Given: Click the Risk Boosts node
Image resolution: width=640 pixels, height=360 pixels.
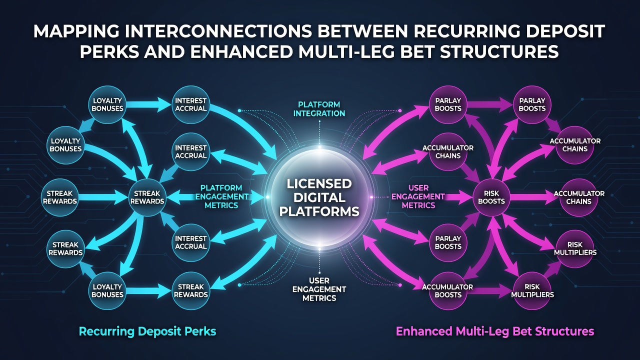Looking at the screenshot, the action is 491,197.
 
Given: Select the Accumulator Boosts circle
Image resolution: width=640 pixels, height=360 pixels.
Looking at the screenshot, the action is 447,291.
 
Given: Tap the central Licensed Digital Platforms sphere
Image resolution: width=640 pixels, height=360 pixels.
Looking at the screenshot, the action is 319,197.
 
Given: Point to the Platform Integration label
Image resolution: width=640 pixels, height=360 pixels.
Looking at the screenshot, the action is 319,109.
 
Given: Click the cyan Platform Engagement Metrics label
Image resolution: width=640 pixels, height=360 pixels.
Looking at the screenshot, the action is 221,196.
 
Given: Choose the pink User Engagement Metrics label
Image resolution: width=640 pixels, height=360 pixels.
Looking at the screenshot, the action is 418,196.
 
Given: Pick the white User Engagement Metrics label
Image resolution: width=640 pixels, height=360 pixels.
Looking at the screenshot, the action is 319,289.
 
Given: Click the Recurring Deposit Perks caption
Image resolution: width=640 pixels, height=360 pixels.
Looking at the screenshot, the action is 147,331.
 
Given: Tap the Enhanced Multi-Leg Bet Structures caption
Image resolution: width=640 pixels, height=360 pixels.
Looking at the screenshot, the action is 495,331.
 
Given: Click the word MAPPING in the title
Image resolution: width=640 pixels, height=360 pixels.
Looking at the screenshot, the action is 75,31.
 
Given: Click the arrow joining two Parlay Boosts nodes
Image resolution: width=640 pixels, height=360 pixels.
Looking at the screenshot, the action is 489,104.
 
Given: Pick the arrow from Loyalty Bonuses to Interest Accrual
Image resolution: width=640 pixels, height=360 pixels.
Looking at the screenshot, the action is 148,104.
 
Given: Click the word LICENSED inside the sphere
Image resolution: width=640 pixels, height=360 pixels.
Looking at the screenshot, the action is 319,183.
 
